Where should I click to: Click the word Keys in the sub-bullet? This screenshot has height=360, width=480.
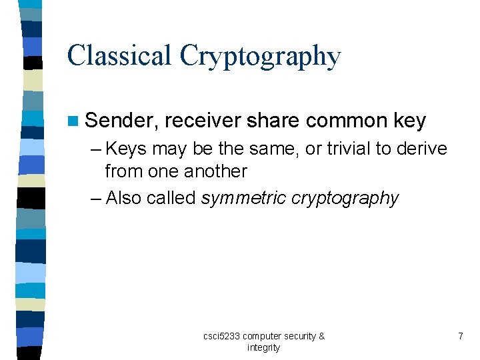tap(127, 149)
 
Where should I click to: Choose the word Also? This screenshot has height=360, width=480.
tap(124, 198)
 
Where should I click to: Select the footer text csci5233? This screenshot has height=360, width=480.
tap(221, 336)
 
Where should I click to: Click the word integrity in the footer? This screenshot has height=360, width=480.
tap(263, 347)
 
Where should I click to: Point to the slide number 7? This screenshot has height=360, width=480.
tap(460, 336)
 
